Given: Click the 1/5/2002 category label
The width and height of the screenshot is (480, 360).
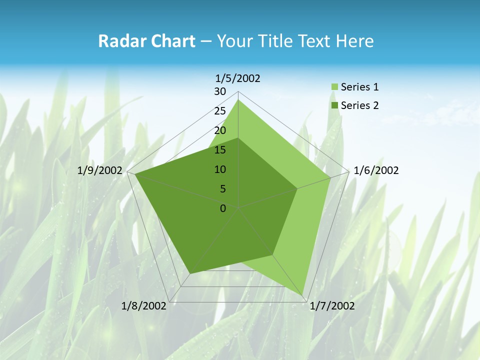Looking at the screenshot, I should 238,78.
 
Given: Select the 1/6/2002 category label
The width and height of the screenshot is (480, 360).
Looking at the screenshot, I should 376,170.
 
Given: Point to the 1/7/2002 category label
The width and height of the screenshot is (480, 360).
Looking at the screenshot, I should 332,306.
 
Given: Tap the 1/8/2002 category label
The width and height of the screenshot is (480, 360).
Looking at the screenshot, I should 144,306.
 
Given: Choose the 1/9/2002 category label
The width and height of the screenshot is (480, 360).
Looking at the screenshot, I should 100,170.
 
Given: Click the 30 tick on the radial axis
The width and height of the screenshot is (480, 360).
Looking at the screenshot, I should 220,91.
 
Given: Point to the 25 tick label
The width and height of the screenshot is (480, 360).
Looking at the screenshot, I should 220,111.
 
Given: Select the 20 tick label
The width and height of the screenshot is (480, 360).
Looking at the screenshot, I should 220,130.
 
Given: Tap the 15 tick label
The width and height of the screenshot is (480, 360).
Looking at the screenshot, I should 220,150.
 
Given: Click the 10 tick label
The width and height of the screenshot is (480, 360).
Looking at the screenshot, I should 220,169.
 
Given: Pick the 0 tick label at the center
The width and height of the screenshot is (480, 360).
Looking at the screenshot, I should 223,208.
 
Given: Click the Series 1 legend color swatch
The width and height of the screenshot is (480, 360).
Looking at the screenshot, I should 334,87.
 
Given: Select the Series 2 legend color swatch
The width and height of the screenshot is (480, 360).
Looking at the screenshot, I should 334,105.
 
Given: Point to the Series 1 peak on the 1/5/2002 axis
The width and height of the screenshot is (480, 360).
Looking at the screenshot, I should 238,99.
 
